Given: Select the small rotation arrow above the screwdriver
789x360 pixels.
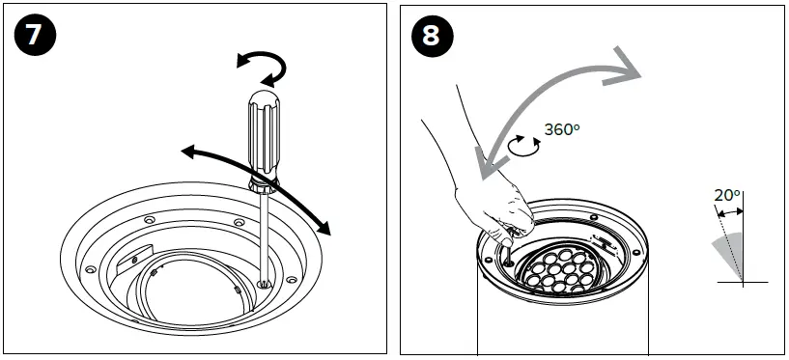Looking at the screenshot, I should [263, 68].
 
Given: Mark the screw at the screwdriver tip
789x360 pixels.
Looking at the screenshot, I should [264, 283].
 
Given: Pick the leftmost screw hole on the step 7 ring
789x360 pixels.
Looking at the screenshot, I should [90, 268].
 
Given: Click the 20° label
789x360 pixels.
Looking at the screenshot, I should [726, 194].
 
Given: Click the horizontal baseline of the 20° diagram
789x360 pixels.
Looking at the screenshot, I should [742, 282].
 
